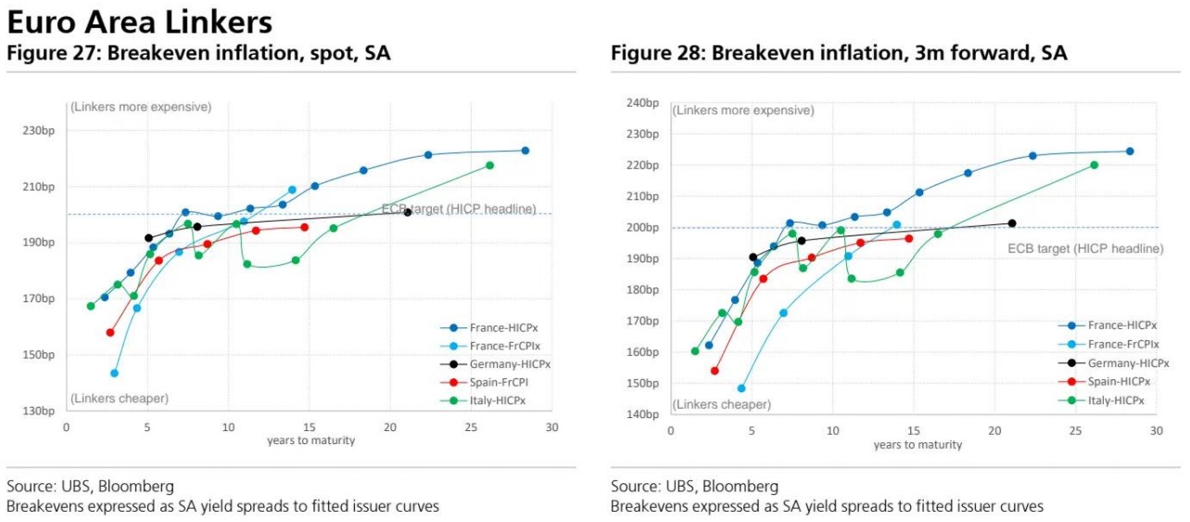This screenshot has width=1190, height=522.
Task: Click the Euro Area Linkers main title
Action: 140,20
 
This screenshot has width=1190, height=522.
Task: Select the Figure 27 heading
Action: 198,54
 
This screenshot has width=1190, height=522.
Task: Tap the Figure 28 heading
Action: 839,54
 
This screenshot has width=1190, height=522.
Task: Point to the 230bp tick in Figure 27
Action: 39,131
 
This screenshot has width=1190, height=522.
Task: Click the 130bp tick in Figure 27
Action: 39,411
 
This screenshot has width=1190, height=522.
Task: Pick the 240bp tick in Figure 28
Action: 643,103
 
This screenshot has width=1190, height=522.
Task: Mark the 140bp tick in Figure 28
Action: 643,414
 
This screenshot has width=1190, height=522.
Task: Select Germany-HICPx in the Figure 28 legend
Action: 1128,363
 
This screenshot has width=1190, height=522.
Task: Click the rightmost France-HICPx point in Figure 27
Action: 525,150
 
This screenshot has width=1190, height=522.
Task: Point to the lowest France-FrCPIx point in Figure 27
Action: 114,374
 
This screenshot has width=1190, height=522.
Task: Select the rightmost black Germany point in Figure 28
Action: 1012,223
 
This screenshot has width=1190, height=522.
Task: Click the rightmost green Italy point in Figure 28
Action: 1094,165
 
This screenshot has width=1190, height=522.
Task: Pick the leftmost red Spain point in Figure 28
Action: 715,371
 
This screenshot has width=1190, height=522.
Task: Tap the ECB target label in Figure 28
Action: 1085,248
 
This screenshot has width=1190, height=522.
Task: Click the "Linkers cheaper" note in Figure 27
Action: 120,399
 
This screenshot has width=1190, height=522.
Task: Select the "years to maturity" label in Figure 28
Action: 918,445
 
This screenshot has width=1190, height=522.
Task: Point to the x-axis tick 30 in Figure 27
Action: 551,427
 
